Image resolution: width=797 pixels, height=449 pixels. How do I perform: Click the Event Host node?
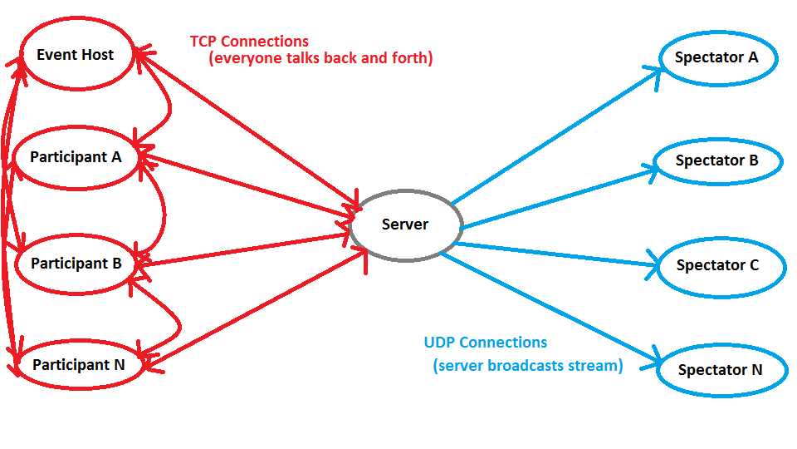(76, 55)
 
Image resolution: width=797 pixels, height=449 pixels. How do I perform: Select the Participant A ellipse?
(76, 157)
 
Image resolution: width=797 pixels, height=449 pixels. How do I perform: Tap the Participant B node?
(76, 264)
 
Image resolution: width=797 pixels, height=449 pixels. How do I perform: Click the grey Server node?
(405, 224)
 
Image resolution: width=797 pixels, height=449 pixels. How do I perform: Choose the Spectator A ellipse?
(716, 58)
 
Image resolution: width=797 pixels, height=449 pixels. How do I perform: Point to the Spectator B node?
(717, 160)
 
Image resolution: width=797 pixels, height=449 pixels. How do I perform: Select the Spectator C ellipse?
(717, 266)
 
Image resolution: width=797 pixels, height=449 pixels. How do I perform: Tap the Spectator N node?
(720, 370)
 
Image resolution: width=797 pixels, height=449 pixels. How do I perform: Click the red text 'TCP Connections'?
(249, 42)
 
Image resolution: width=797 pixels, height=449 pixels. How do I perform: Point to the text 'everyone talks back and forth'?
(321, 59)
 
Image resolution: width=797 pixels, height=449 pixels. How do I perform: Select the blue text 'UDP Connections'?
(486, 343)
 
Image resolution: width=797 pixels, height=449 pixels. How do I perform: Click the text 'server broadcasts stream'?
(528, 366)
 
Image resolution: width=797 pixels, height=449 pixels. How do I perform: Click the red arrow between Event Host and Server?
(249, 129)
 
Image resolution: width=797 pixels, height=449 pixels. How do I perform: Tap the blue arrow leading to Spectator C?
(556, 254)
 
